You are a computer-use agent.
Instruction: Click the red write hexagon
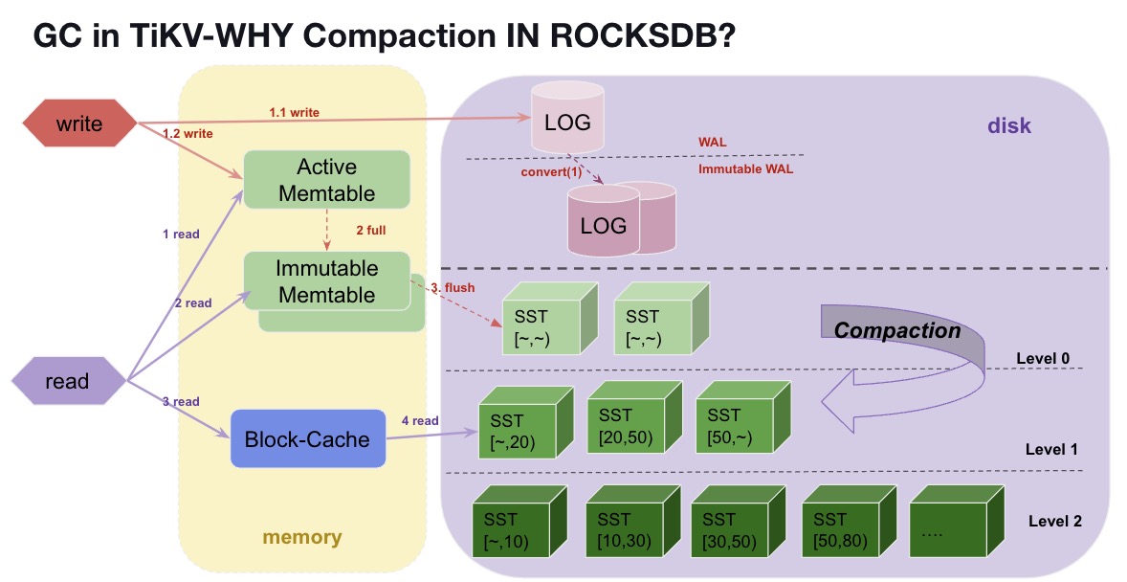79,123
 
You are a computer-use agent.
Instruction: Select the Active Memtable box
327,180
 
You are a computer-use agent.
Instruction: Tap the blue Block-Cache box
307,439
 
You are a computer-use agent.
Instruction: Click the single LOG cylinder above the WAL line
567,122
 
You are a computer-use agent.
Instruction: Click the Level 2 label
1054,522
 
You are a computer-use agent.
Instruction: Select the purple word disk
1009,125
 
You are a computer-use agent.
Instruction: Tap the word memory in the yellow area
303,537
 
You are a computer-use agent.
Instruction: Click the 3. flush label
452,287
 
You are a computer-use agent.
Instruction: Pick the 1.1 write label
294,113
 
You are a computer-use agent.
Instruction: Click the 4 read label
419,420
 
